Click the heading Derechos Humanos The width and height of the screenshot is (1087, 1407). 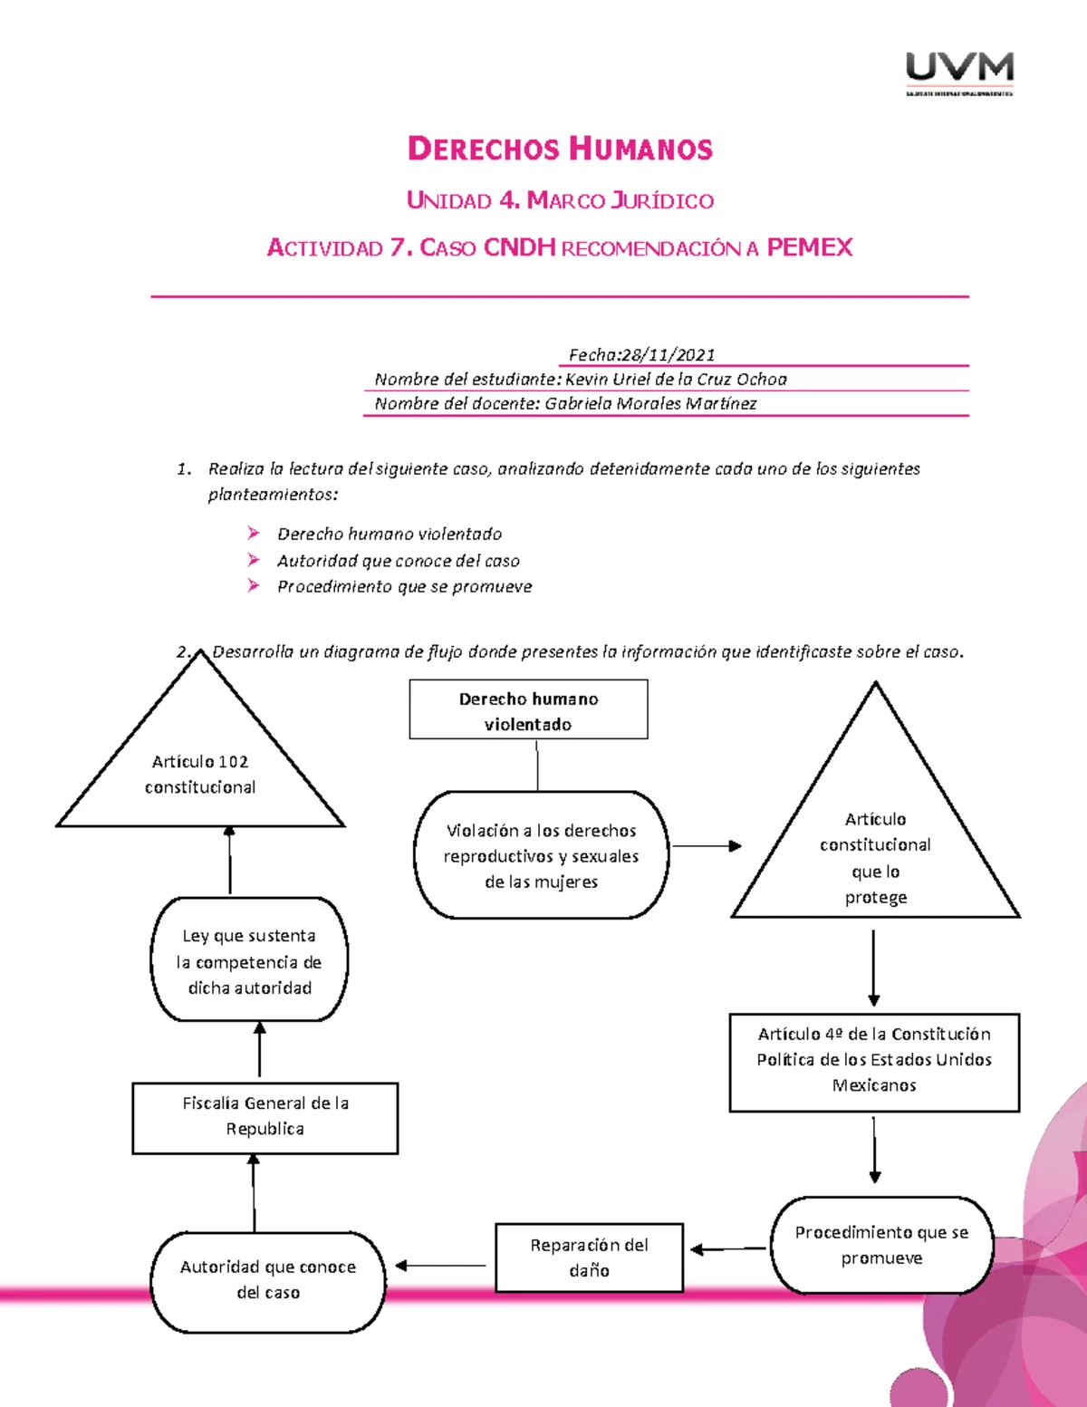pos(560,149)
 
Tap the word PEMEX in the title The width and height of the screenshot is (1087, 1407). pos(809,247)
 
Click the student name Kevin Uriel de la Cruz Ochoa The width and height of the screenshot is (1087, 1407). pos(675,379)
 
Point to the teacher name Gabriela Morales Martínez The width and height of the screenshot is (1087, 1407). pos(649,403)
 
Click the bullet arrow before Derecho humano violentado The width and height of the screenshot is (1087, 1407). pos(254,534)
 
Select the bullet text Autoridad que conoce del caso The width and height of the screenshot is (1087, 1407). pos(398,561)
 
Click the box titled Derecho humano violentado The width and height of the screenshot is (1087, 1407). pos(528,710)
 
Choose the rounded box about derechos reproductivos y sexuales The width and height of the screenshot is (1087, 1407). pos(541,855)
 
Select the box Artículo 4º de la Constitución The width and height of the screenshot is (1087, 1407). pos(874,1060)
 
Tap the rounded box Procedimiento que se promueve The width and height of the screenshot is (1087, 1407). pos(881,1245)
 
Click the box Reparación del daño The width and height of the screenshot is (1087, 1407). pos(589,1258)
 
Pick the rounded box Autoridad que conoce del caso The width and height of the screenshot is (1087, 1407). pos(268,1280)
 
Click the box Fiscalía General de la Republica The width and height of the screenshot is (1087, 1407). pos(265,1116)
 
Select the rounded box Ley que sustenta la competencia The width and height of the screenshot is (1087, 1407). pos(249,960)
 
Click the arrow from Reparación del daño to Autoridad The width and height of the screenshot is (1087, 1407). pos(442,1266)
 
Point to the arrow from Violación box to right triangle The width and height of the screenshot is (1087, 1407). pos(706,846)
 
